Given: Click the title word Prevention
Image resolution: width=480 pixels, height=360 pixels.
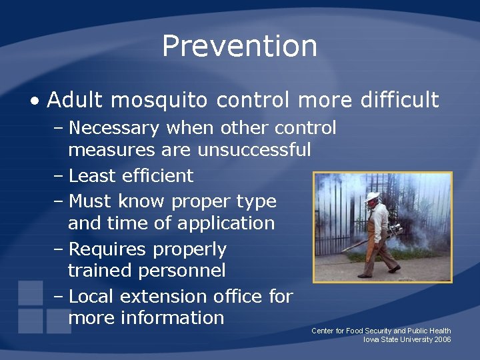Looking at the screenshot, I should [239, 46].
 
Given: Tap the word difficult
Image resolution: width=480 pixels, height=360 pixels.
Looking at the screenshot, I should [399, 100].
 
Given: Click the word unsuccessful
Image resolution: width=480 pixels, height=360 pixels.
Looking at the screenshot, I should [254, 149].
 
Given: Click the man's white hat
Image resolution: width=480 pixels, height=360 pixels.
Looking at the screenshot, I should [372, 197].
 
